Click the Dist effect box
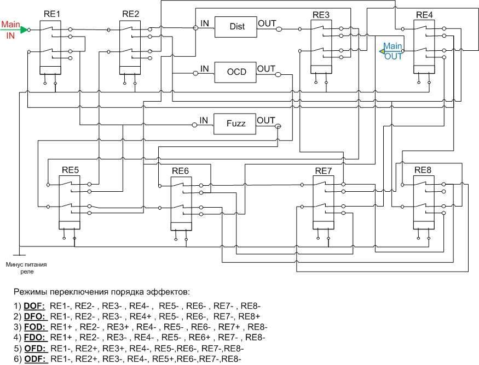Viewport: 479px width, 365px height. (x=237, y=27)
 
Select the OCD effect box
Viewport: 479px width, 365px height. (x=236, y=72)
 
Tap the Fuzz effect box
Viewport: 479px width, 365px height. (x=236, y=123)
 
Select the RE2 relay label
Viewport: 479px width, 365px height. (x=131, y=14)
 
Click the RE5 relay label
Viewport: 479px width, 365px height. (x=70, y=169)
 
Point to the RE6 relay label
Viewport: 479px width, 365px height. (x=180, y=171)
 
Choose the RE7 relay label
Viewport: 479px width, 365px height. (x=324, y=170)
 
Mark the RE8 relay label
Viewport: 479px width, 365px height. (x=423, y=169)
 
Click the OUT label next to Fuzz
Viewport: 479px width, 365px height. (x=267, y=121)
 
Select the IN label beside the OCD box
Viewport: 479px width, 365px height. (x=204, y=68)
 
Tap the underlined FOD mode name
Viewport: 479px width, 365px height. (x=36, y=327)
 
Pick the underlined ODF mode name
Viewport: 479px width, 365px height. (x=36, y=358)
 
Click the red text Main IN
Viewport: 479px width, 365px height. (x=10, y=30)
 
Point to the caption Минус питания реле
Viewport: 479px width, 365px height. (x=26, y=267)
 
